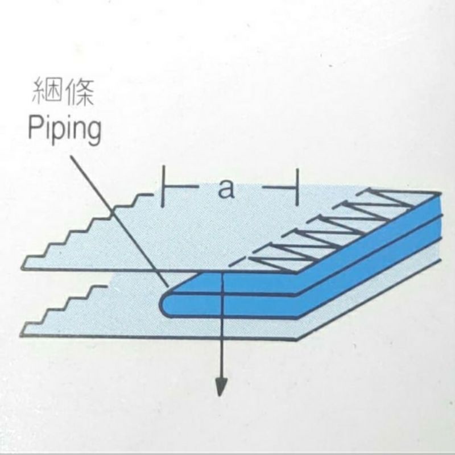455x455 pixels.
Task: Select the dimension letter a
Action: point(226,189)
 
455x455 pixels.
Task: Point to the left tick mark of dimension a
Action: point(163,187)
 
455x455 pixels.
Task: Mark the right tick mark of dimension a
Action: point(296,187)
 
